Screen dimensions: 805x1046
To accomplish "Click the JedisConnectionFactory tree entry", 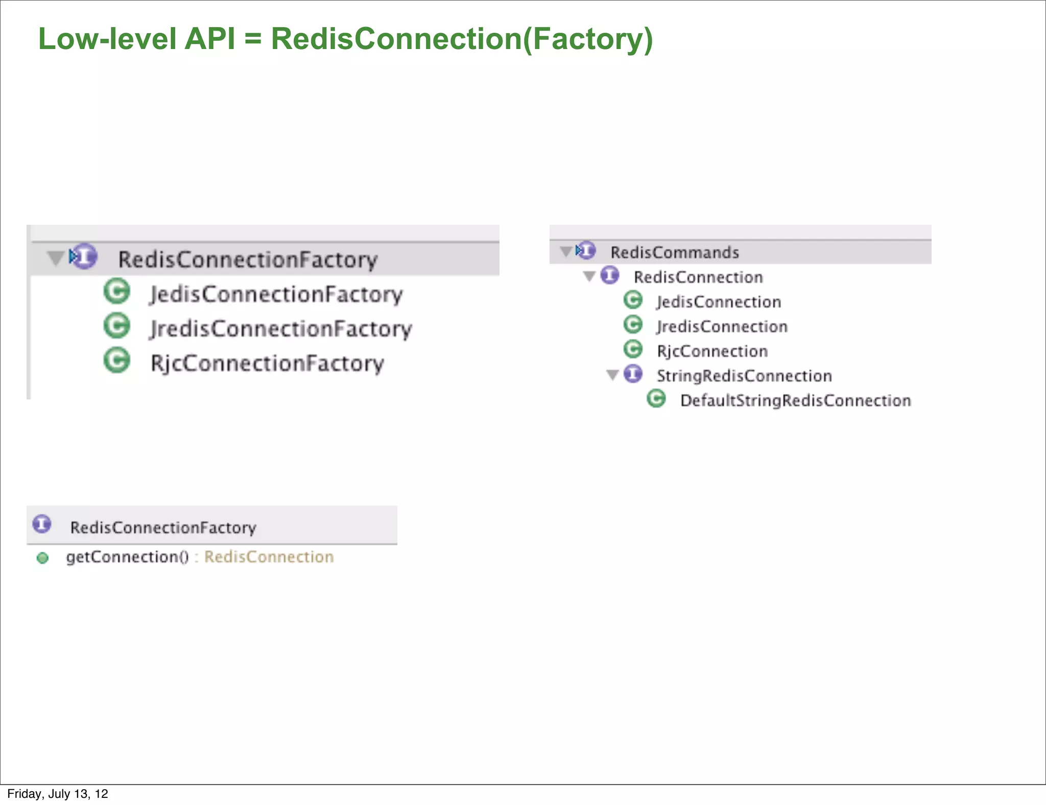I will [276, 295].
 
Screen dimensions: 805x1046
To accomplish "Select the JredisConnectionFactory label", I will [281, 329].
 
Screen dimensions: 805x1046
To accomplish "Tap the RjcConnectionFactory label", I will [267, 364].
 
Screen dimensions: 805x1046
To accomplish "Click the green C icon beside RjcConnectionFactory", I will [117, 361].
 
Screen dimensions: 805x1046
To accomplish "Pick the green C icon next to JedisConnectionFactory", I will [117, 292].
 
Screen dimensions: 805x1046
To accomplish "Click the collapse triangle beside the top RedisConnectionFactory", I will [55, 258].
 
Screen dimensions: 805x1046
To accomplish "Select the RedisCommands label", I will [675, 252].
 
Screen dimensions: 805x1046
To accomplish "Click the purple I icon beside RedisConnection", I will [610, 275].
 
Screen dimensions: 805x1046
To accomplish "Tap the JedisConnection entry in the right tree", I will [719, 302].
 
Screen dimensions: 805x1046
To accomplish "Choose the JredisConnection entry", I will [722, 327].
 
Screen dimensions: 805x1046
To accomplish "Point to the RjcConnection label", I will [712, 351].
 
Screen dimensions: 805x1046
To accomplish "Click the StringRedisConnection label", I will [744, 376].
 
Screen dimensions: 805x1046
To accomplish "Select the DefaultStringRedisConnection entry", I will [795, 400].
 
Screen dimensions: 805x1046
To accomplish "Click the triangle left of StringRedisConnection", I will [613, 375].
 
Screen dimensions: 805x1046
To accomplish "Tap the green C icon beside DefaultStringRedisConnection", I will [656, 398].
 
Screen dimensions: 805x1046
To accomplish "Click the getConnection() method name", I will [127, 557].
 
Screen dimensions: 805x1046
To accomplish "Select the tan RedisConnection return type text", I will [269, 557].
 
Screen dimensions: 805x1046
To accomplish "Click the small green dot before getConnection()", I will [43, 558].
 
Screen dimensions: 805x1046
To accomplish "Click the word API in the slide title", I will [209, 39].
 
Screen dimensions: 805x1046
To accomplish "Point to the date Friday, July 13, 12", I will [58, 794].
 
